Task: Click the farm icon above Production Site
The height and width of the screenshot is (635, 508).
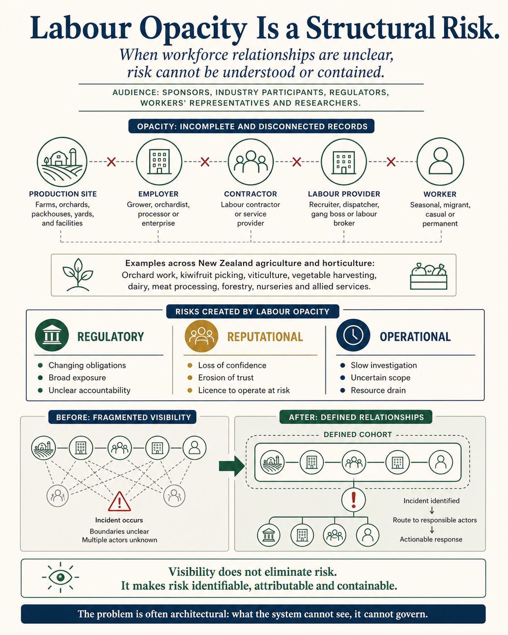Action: pos(62,162)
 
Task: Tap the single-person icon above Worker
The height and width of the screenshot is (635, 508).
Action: pos(440,162)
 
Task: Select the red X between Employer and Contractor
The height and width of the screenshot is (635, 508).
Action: pos(205,162)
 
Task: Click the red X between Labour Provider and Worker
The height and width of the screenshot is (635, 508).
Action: pos(391,162)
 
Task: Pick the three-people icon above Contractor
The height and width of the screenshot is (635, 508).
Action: pos(251,162)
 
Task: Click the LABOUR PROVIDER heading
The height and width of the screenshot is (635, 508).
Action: pos(344,194)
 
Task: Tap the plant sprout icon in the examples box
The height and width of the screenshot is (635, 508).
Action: pos(77,275)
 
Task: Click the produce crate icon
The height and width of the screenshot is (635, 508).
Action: pos(429,276)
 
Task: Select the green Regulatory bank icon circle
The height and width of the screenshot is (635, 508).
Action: pos(52,335)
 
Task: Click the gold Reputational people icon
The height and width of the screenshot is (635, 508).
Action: pos(201,336)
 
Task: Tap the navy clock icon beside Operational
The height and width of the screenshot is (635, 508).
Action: pos(353,335)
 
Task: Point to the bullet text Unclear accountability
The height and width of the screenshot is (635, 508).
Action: pos(89,390)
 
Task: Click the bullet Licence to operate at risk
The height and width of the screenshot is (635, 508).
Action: pos(244,390)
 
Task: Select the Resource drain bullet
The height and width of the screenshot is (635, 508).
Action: pos(378,390)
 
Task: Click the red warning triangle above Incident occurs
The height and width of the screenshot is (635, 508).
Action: pos(119,502)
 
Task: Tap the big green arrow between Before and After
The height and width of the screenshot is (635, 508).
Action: pos(232,466)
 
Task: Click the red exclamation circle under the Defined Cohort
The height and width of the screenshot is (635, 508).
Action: pos(354,500)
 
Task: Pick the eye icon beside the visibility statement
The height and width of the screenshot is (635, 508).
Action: pos(61,577)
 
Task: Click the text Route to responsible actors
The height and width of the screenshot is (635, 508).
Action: pos(435,520)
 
